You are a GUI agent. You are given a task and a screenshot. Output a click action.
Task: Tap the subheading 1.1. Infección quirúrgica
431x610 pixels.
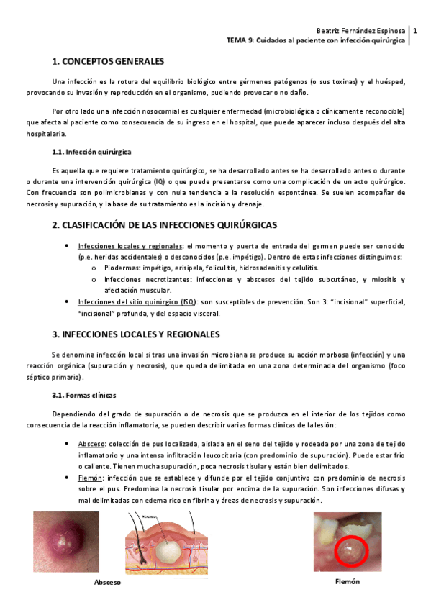click(x=91, y=152)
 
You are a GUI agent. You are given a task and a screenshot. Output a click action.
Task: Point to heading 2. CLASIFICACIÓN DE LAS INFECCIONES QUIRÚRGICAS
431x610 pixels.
click(x=165, y=225)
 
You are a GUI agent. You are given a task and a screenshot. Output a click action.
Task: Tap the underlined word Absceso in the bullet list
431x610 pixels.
click(x=90, y=444)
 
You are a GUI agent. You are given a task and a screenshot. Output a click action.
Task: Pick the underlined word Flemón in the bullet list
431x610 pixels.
click(x=90, y=477)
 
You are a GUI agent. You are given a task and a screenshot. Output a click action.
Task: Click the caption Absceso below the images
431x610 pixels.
click(x=108, y=582)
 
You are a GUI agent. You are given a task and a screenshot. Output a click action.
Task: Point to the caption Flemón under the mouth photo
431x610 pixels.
click(x=347, y=581)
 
